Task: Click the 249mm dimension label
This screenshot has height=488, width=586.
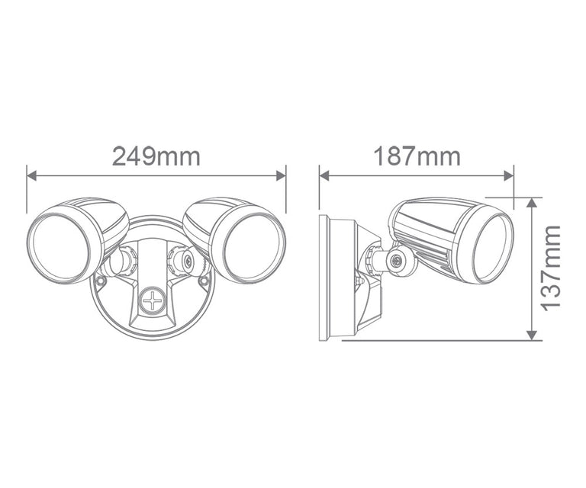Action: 156,156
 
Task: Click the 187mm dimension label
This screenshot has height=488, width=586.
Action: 417,156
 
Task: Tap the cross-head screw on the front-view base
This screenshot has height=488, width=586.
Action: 153,300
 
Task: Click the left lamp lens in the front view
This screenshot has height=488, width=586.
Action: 59,247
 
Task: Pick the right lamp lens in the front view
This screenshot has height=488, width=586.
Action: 253,247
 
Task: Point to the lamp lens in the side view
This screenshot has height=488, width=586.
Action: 493,248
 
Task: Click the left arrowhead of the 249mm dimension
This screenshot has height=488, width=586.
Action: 32,175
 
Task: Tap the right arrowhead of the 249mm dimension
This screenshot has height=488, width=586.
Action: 281,175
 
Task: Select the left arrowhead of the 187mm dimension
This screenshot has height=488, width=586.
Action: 324,175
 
